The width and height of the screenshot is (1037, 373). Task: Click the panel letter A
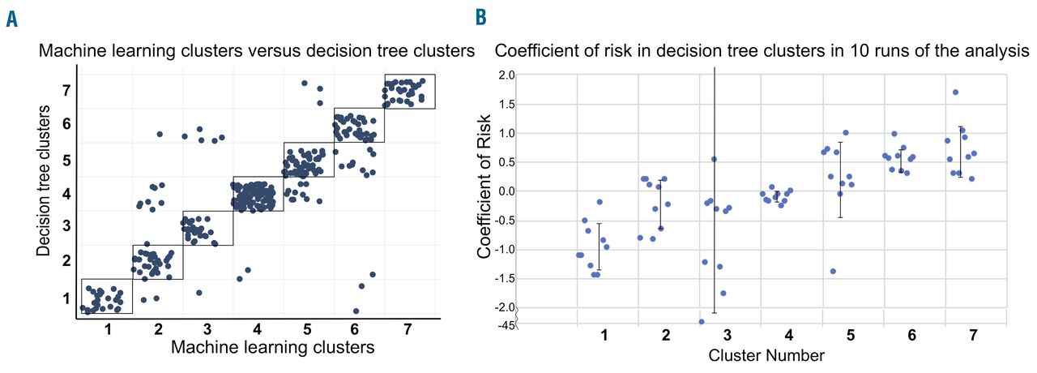coord(11,18)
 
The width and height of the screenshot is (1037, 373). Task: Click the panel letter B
coord(481,16)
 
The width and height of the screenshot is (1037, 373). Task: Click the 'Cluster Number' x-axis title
coord(766,355)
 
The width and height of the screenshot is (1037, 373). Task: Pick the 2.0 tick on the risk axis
coord(506,75)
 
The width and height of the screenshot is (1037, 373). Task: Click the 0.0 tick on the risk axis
coord(506,191)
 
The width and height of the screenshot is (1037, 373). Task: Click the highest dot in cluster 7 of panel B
coord(956,92)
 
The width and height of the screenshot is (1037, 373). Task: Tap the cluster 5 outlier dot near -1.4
coord(832,271)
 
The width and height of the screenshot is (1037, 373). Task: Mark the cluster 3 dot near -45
coord(702,322)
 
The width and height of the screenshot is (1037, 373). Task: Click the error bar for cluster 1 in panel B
coord(599,247)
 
